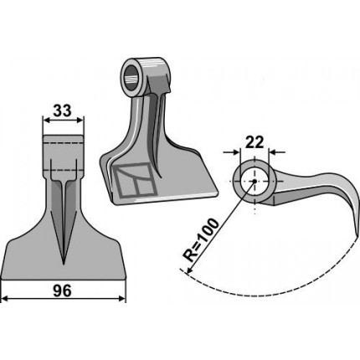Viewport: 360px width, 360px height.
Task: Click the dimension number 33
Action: pyautogui.click(x=63, y=111)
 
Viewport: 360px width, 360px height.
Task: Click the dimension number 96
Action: pyautogui.click(x=63, y=291)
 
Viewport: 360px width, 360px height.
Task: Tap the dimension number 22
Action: pyautogui.click(x=255, y=143)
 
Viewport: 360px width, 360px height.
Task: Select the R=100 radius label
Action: pyautogui.click(x=200, y=240)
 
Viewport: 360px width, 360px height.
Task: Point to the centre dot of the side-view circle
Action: pyautogui.click(x=255, y=182)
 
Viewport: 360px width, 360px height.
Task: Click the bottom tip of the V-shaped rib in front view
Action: pyautogui.click(x=64, y=264)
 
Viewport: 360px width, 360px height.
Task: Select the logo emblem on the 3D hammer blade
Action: pyautogui.click(x=134, y=179)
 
